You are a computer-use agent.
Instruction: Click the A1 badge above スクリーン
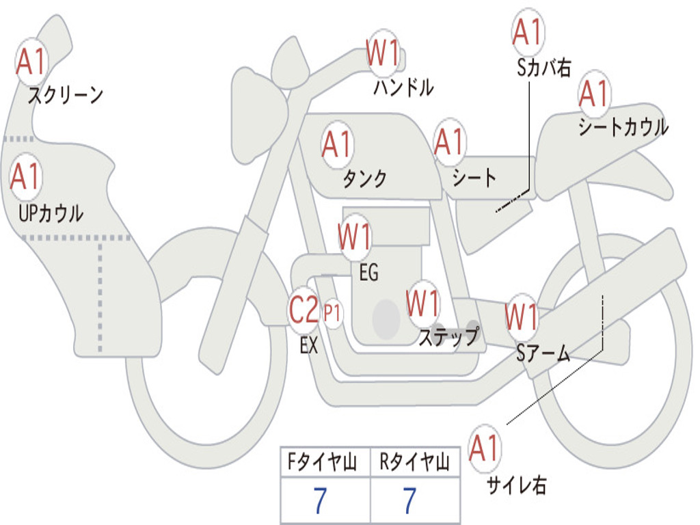coord(31,62)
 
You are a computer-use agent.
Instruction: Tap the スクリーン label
coord(65,94)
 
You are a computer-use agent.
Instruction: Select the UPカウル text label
coord(51,213)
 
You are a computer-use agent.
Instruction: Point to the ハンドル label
coord(403,87)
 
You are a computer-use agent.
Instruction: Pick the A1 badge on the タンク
coord(337,145)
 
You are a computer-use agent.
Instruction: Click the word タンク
coord(364,178)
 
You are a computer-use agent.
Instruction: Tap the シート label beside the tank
coord(474,177)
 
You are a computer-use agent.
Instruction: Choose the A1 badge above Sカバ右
coord(528,32)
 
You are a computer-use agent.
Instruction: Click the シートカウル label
coord(623,126)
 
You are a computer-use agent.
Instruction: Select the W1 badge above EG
coord(355,237)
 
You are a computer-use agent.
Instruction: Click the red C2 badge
coord(304,310)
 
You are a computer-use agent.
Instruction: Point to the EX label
coord(308,345)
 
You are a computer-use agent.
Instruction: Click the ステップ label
coord(448,336)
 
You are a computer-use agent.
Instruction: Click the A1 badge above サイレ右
coord(485,448)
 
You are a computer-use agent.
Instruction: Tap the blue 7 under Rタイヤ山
coord(410,500)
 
